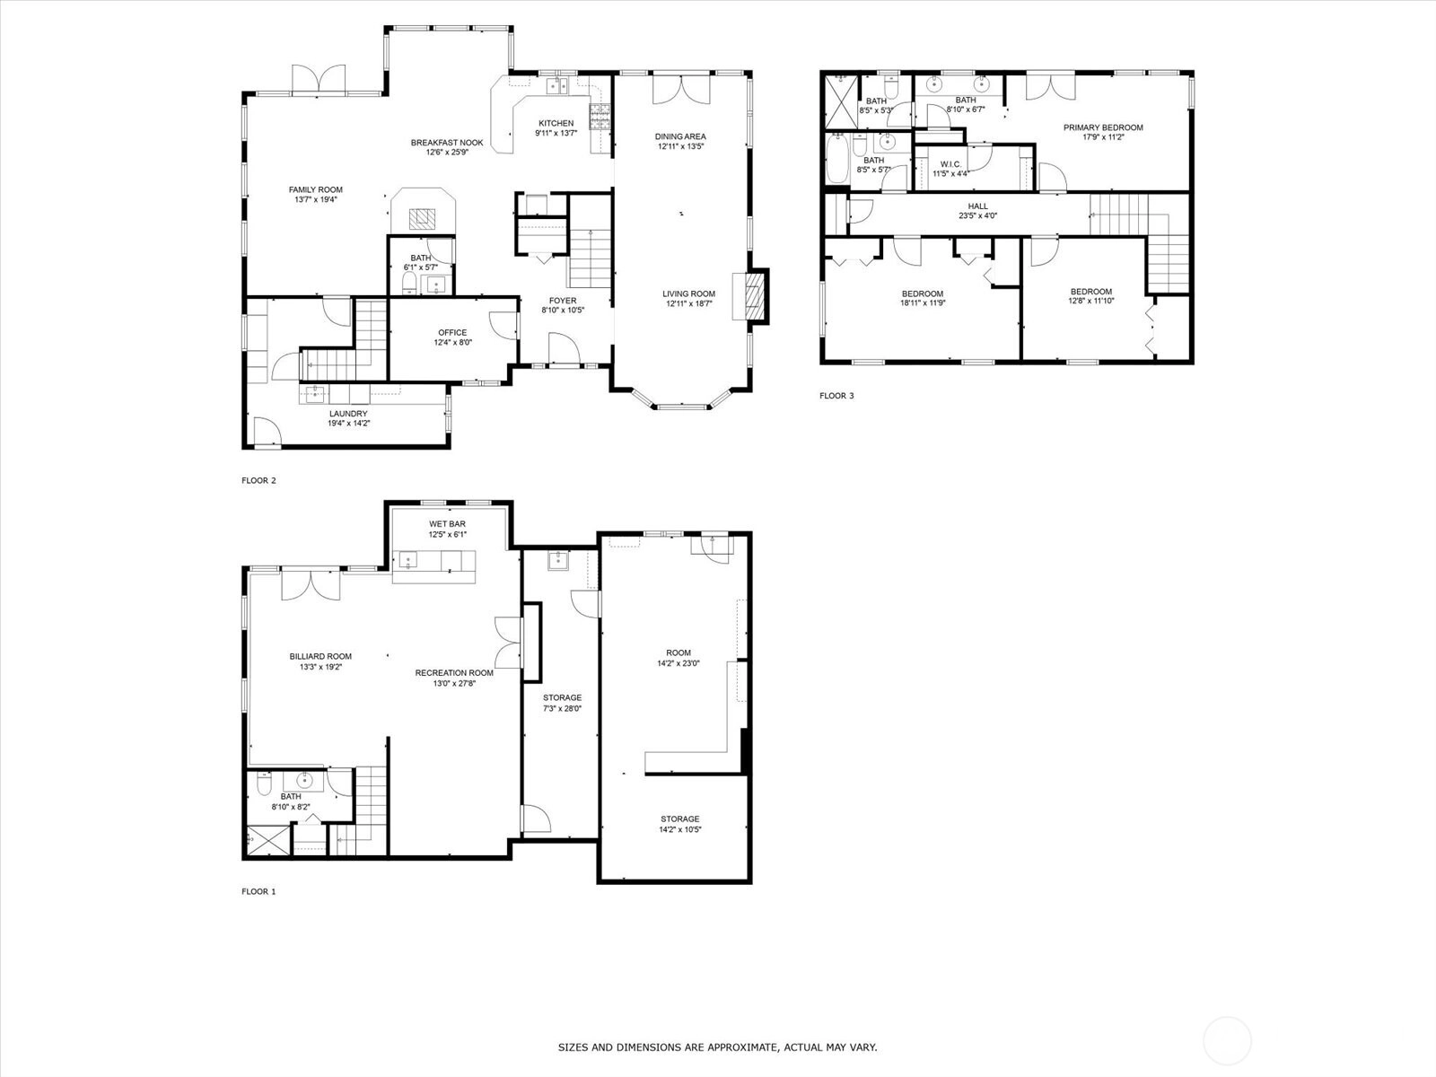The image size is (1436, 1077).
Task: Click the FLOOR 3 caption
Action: click(x=836, y=396)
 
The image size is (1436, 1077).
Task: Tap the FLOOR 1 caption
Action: click(x=258, y=891)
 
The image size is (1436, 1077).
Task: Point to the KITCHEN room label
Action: click(x=556, y=123)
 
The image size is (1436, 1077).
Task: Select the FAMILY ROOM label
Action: click(x=315, y=189)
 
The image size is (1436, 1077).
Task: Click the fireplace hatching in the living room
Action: click(x=755, y=297)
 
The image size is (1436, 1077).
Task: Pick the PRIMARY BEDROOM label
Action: click(x=1103, y=127)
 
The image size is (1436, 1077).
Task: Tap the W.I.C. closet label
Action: click(x=950, y=164)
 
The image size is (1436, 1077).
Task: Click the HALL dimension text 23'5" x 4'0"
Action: click(x=978, y=215)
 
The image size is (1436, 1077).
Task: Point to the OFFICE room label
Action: click(x=452, y=332)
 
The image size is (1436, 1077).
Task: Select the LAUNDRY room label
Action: click(x=348, y=413)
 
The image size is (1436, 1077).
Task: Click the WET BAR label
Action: click(x=448, y=524)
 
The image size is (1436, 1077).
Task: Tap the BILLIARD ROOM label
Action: click(x=320, y=657)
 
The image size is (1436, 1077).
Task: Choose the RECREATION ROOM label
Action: click(x=454, y=673)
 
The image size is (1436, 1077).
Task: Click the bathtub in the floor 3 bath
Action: click(x=836, y=159)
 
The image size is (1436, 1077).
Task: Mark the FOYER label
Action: click(x=563, y=301)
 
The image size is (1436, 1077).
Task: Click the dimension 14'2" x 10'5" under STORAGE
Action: click(x=680, y=829)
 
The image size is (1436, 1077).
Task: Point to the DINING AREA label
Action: click(x=680, y=136)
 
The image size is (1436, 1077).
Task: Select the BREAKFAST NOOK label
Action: click(x=447, y=143)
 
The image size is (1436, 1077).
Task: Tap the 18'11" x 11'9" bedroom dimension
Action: click(x=924, y=302)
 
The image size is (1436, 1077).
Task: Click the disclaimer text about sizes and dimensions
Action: click(x=718, y=1046)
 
